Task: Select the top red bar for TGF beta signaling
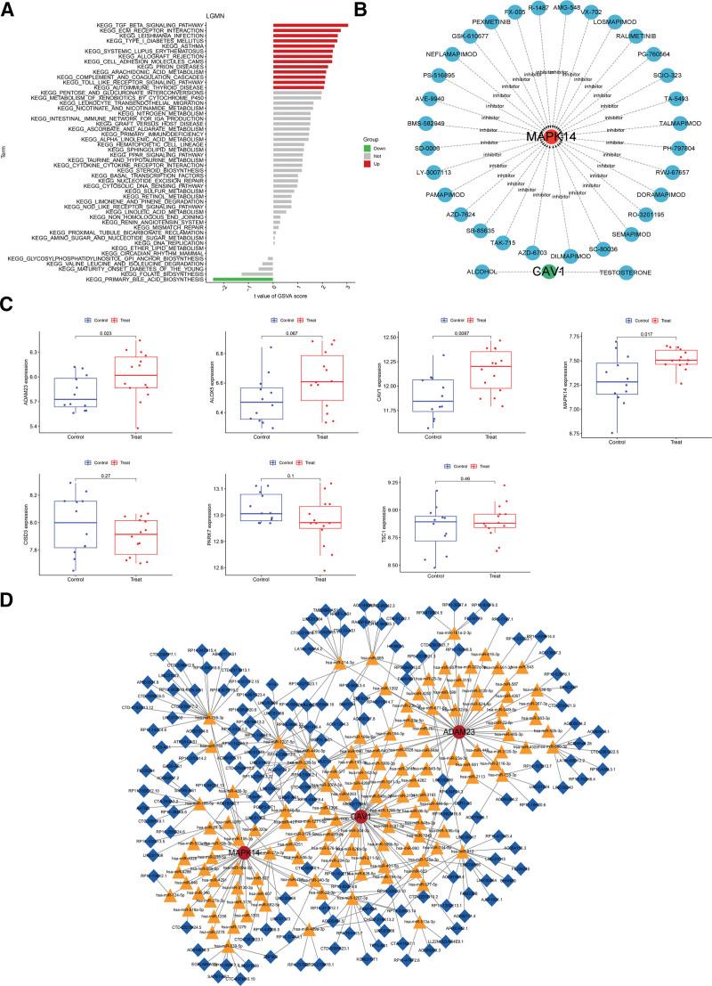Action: click(x=311, y=25)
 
